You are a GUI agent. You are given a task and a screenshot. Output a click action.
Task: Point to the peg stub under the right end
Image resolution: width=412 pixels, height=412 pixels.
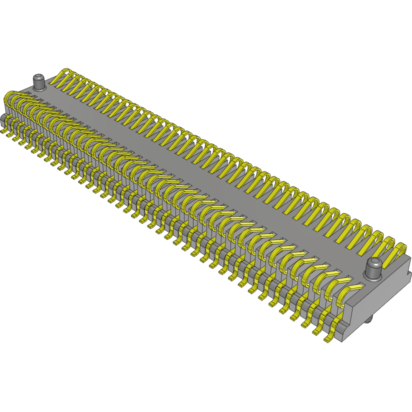371,318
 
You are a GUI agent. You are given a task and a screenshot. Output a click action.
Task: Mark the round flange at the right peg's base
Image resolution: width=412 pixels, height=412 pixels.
373,277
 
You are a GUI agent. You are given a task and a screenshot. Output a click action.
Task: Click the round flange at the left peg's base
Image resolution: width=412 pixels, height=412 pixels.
39,88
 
